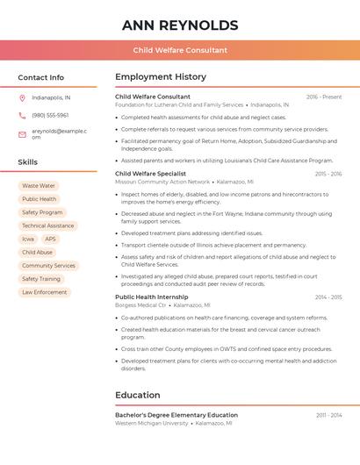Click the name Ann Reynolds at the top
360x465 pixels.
(180, 25)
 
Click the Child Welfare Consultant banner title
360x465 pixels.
(180, 51)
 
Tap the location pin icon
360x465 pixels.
(22, 97)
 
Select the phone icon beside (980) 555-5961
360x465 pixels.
(22, 115)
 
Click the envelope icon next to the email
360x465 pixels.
(22, 134)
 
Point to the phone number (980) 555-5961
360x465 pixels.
(50, 115)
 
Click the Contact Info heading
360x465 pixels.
(41, 77)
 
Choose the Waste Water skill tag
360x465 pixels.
(39, 186)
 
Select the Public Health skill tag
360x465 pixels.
(39, 199)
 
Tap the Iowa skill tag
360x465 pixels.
(28, 239)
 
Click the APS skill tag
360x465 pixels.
(50, 239)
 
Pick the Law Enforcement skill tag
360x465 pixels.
(44, 292)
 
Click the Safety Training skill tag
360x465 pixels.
(41, 279)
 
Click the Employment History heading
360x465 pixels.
(161, 77)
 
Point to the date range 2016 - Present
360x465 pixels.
(324, 97)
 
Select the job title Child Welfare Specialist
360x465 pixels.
(150, 174)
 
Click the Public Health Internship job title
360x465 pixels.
(151, 297)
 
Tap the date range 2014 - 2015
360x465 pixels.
(328, 297)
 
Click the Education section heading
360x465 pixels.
(138, 395)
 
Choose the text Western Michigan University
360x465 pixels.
(152, 423)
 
